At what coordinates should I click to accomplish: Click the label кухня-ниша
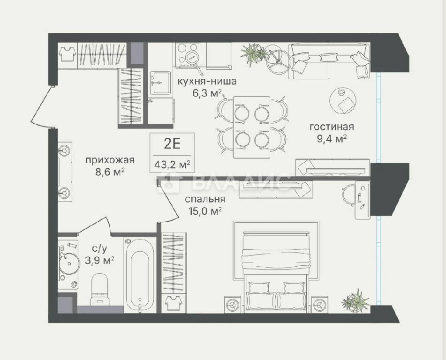[x=207, y=81]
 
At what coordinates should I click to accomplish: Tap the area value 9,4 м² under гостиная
[x=332, y=139]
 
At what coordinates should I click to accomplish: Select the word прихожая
[x=110, y=160]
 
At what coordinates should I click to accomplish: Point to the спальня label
[x=205, y=199]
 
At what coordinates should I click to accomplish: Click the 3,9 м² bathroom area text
[x=99, y=260]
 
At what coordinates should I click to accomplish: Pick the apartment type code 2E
[x=172, y=144]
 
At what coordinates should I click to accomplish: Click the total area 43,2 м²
[x=172, y=165]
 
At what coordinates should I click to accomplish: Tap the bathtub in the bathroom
[x=140, y=275]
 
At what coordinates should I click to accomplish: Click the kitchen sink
[x=160, y=82]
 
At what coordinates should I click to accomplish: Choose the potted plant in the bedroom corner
[x=355, y=301]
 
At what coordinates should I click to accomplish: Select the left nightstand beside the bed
[x=233, y=305]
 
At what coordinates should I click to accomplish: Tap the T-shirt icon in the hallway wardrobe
[x=67, y=54]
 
